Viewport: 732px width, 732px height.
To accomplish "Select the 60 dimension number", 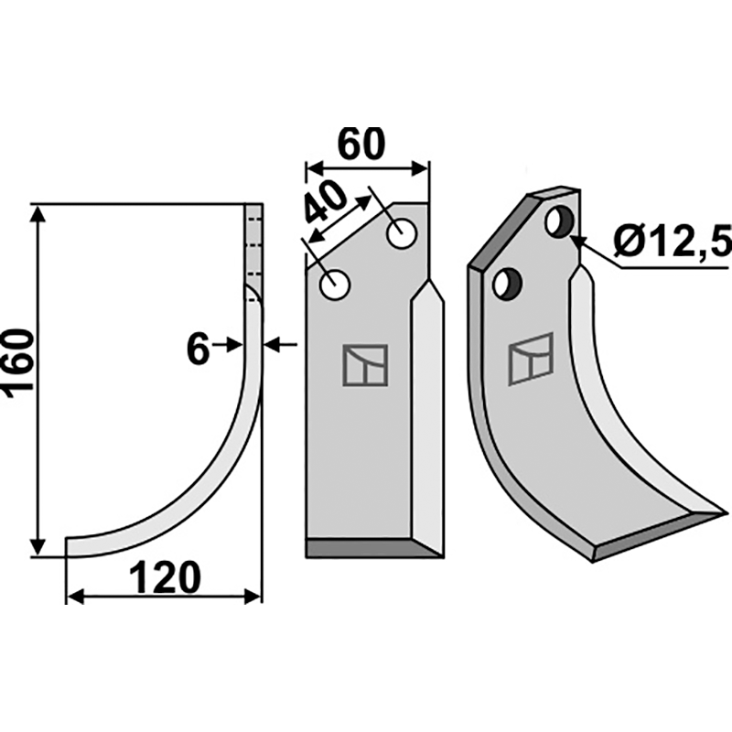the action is pos(361,144).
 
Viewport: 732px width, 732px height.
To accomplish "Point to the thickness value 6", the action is pos(198,350).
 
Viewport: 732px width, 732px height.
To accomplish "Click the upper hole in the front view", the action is pos(402,234).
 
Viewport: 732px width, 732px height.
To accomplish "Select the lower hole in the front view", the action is pos(335,285).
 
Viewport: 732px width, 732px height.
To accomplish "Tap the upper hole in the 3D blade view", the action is pos(559,222).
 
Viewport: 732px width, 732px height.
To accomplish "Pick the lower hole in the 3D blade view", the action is pos(508,283).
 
